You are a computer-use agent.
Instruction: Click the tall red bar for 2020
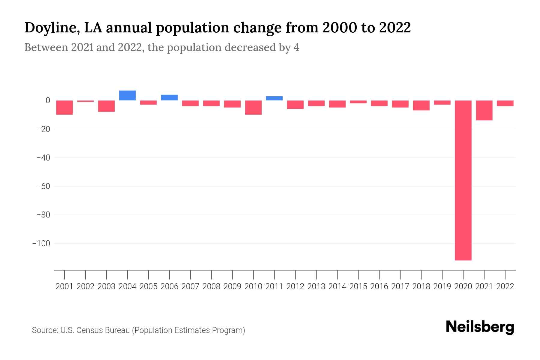point(463,180)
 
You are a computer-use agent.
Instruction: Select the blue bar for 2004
point(127,95)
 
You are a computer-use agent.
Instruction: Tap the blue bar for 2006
point(169,97)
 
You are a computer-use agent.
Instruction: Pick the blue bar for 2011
point(274,98)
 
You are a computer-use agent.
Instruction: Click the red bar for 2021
point(484,110)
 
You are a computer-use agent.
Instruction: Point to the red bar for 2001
point(64,107)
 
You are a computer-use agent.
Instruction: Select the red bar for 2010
point(253,107)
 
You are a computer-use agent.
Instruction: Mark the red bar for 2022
point(505,103)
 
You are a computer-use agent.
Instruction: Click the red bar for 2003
point(106,106)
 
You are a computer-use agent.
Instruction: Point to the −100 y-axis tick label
point(41,243)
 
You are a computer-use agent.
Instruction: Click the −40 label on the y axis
point(43,157)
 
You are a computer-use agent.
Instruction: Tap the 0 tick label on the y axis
point(47,100)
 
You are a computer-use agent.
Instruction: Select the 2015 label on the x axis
point(358,286)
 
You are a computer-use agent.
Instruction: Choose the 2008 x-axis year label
point(211,286)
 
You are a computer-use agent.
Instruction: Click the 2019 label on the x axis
point(442,286)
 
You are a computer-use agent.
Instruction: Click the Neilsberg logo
point(480,327)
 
